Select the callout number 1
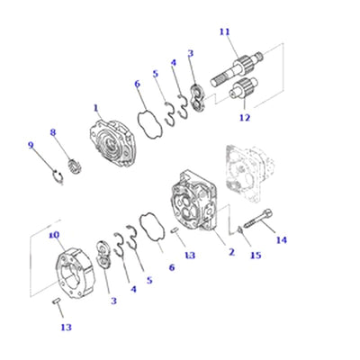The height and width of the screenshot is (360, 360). pos(95,108)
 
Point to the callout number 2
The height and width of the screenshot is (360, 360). pos(231,252)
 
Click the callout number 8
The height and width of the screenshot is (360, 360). pos(52,132)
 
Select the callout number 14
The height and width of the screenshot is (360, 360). pos(282,240)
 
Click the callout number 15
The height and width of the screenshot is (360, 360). pos(255,256)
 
